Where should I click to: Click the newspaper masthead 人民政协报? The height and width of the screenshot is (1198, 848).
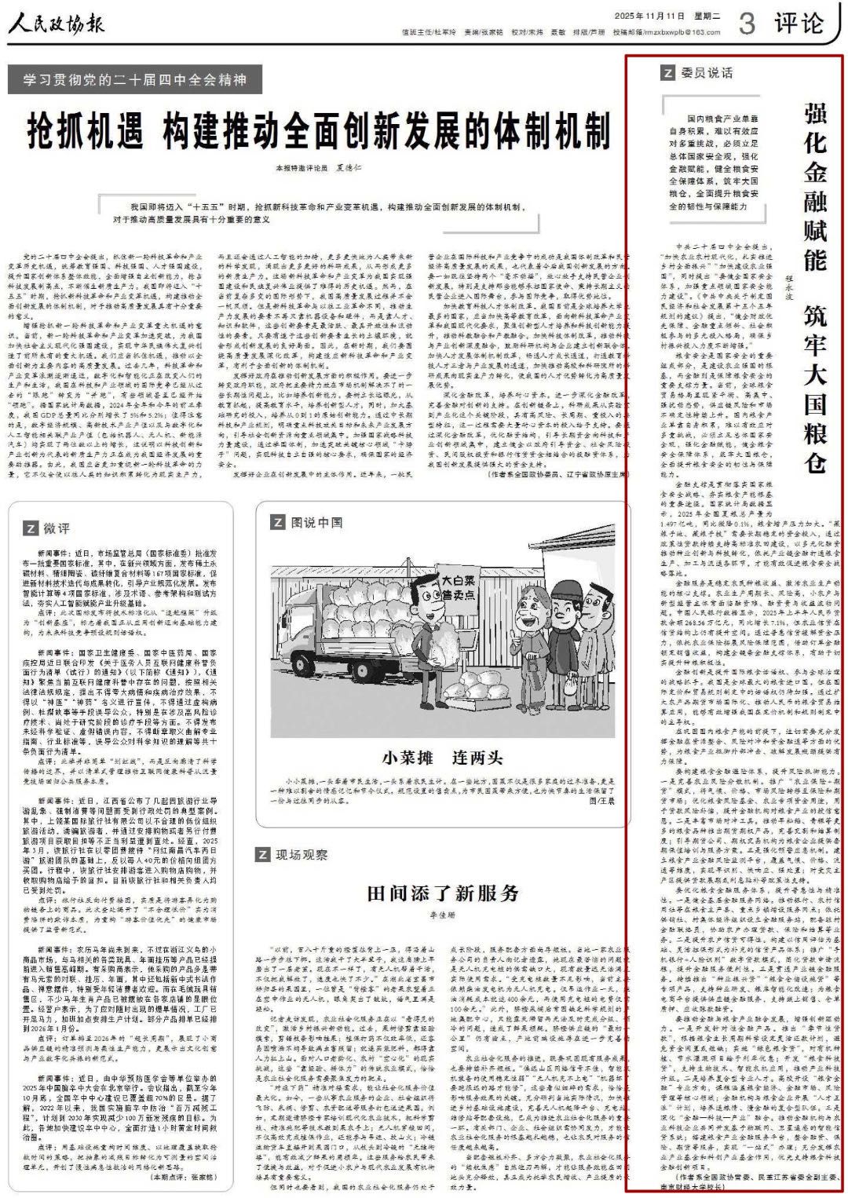[57, 24]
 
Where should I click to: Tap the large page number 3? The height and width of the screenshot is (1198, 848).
[747, 24]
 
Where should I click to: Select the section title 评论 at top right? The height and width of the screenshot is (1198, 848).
[799, 24]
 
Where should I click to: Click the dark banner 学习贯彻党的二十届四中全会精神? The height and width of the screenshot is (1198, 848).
[135, 79]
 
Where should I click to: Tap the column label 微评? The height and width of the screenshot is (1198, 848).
[55, 528]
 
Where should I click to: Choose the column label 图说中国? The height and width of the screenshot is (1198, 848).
[316, 522]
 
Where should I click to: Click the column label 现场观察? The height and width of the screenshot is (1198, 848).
[302, 854]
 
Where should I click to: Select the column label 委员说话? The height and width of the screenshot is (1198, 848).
[706, 73]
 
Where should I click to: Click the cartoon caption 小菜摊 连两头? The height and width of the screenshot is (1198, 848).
[442, 758]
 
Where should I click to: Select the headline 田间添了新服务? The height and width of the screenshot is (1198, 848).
[443, 893]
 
